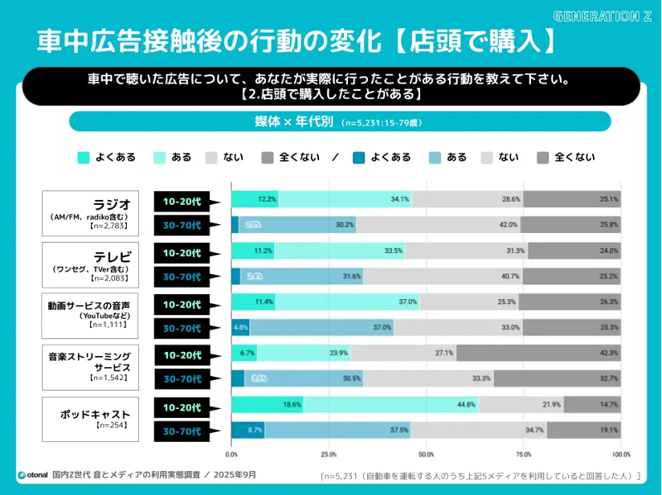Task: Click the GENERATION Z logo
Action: point(603,15)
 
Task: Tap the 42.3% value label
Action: point(607,353)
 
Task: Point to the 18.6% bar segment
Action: point(267,405)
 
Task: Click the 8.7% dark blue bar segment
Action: point(247,430)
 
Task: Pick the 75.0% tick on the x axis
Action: point(525,454)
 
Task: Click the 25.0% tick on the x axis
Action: point(329,454)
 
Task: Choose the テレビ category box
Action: point(90,264)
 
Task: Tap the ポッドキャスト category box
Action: point(90,418)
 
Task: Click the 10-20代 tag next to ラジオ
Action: point(182,199)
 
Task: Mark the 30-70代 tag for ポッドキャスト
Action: point(182,431)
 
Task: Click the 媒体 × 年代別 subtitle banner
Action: point(339,122)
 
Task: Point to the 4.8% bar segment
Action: point(240,328)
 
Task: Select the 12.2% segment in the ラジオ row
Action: point(255,198)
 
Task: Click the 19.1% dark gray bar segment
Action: point(584,430)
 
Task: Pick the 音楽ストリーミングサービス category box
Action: point(90,366)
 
